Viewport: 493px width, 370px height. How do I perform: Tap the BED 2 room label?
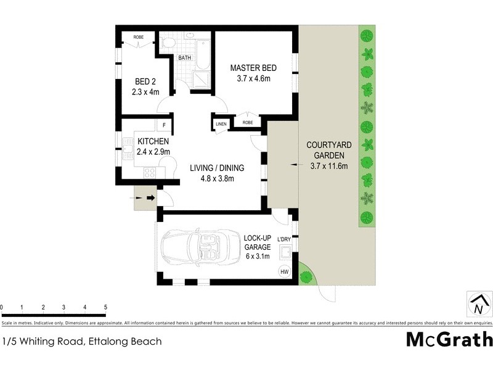pyautogui.click(x=145, y=81)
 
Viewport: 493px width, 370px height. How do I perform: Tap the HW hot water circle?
pyautogui.click(x=284, y=271)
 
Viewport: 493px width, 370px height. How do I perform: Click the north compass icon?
pyautogui.click(x=479, y=304)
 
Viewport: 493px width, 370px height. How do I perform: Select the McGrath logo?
pyautogui.click(x=449, y=340)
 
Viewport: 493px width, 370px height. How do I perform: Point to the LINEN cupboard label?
pyautogui.click(x=221, y=124)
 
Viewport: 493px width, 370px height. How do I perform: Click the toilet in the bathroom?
pyautogui.click(x=167, y=44)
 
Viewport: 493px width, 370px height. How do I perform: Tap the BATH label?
pyautogui.click(x=185, y=58)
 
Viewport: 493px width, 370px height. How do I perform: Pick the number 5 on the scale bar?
pyautogui.click(x=105, y=306)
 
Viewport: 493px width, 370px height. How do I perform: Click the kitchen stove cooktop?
pyautogui.click(x=150, y=172)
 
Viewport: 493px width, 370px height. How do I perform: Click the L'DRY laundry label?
pyautogui.click(x=284, y=239)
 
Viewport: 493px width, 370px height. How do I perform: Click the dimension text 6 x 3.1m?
pyautogui.click(x=258, y=257)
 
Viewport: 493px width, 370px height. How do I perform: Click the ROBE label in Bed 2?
pyautogui.click(x=139, y=37)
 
